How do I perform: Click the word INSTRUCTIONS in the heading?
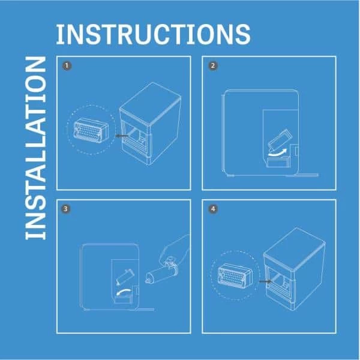153,34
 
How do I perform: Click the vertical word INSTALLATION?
35,148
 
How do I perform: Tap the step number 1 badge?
67,66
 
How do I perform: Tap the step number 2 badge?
213,66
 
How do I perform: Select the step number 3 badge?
66,209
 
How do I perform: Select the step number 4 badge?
213,209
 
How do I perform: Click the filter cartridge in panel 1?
91,131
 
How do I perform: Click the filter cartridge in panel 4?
235,274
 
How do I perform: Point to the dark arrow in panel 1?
122,136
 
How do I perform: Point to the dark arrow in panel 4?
265,281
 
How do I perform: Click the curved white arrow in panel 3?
124,292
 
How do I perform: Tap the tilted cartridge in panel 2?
280,140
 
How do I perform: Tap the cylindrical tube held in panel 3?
161,274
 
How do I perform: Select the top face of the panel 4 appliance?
295,248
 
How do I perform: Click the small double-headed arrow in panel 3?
125,277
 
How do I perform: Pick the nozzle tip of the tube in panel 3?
147,280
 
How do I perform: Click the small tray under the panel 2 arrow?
278,161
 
